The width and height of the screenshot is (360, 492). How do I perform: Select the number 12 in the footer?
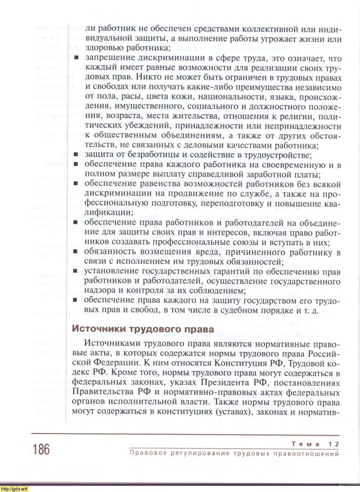pyautogui.click(x=334, y=444)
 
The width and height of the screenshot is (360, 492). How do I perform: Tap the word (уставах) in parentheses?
pyautogui.click(x=231, y=412)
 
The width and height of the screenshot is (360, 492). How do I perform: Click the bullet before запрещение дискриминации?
pyautogui.click(x=76, y=58)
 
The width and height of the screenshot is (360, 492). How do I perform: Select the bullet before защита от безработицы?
pyautogui.click(x=76, y=155)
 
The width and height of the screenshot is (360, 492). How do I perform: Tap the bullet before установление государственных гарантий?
pyautogui.click(x=76, y=271)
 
